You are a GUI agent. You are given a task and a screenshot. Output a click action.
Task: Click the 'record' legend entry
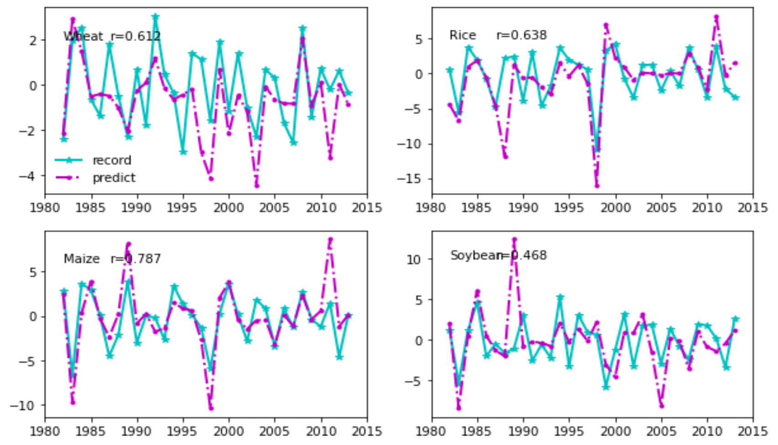tap(111, 160)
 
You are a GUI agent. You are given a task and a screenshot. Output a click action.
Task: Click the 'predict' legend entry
tap(114, 178)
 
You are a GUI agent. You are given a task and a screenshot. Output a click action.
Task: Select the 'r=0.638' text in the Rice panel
tap(521, 35)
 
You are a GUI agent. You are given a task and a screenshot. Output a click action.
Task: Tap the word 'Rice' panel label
tap(463, 35)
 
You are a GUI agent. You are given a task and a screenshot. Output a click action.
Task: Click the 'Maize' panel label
tap(82, 259)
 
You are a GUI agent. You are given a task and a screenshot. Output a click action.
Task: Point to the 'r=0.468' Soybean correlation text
tap(524, 255)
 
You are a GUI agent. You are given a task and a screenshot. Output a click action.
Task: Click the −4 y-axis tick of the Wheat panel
tap(26, 176)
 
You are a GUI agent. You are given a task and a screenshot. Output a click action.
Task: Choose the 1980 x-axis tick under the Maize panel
tap(45, 431)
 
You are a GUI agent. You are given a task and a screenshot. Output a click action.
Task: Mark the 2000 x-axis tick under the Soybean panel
tap(615, 431)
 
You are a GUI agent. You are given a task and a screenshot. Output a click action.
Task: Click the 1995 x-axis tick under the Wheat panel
tap(183, 208)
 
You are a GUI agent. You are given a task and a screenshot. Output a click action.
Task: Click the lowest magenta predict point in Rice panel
tap(597, 185)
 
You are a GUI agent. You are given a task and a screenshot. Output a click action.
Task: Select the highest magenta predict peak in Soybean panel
tap(515, 239)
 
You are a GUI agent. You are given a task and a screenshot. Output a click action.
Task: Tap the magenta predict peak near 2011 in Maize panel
tap(330, 239)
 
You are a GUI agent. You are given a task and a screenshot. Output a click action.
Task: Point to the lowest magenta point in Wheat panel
tap(257, 185)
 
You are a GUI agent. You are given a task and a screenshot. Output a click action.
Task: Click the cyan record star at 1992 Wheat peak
tap(156, 17)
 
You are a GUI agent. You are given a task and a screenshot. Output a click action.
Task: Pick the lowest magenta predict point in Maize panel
tap(210, 408)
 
